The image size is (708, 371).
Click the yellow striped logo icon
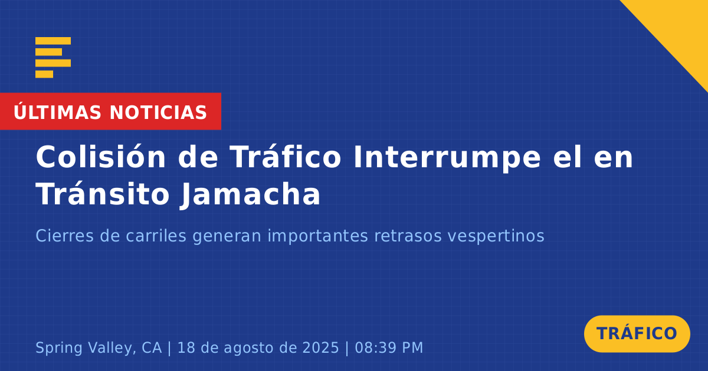click(x=53, y=58)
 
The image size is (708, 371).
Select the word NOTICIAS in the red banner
click(x=158, y=112)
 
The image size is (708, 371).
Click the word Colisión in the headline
click(x=100, y=157)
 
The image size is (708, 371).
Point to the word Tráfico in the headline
click(x=285, y=157)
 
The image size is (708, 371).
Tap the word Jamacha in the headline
click(x=251, y=195)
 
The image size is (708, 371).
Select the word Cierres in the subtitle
click(x=64, y=236)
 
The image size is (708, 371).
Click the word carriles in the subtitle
click(x=156, y=236)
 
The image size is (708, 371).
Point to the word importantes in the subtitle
click(x=317, y=237)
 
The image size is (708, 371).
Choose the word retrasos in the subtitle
click(x=408, y=237)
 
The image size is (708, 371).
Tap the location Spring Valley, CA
click(x=99, y=348)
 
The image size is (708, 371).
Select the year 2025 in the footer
click(x=320, y=347)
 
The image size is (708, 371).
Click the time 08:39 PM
click(x=389, y=347)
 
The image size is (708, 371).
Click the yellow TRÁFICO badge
click(x=637, y=334)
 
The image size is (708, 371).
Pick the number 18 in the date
click(x=186, y=347)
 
